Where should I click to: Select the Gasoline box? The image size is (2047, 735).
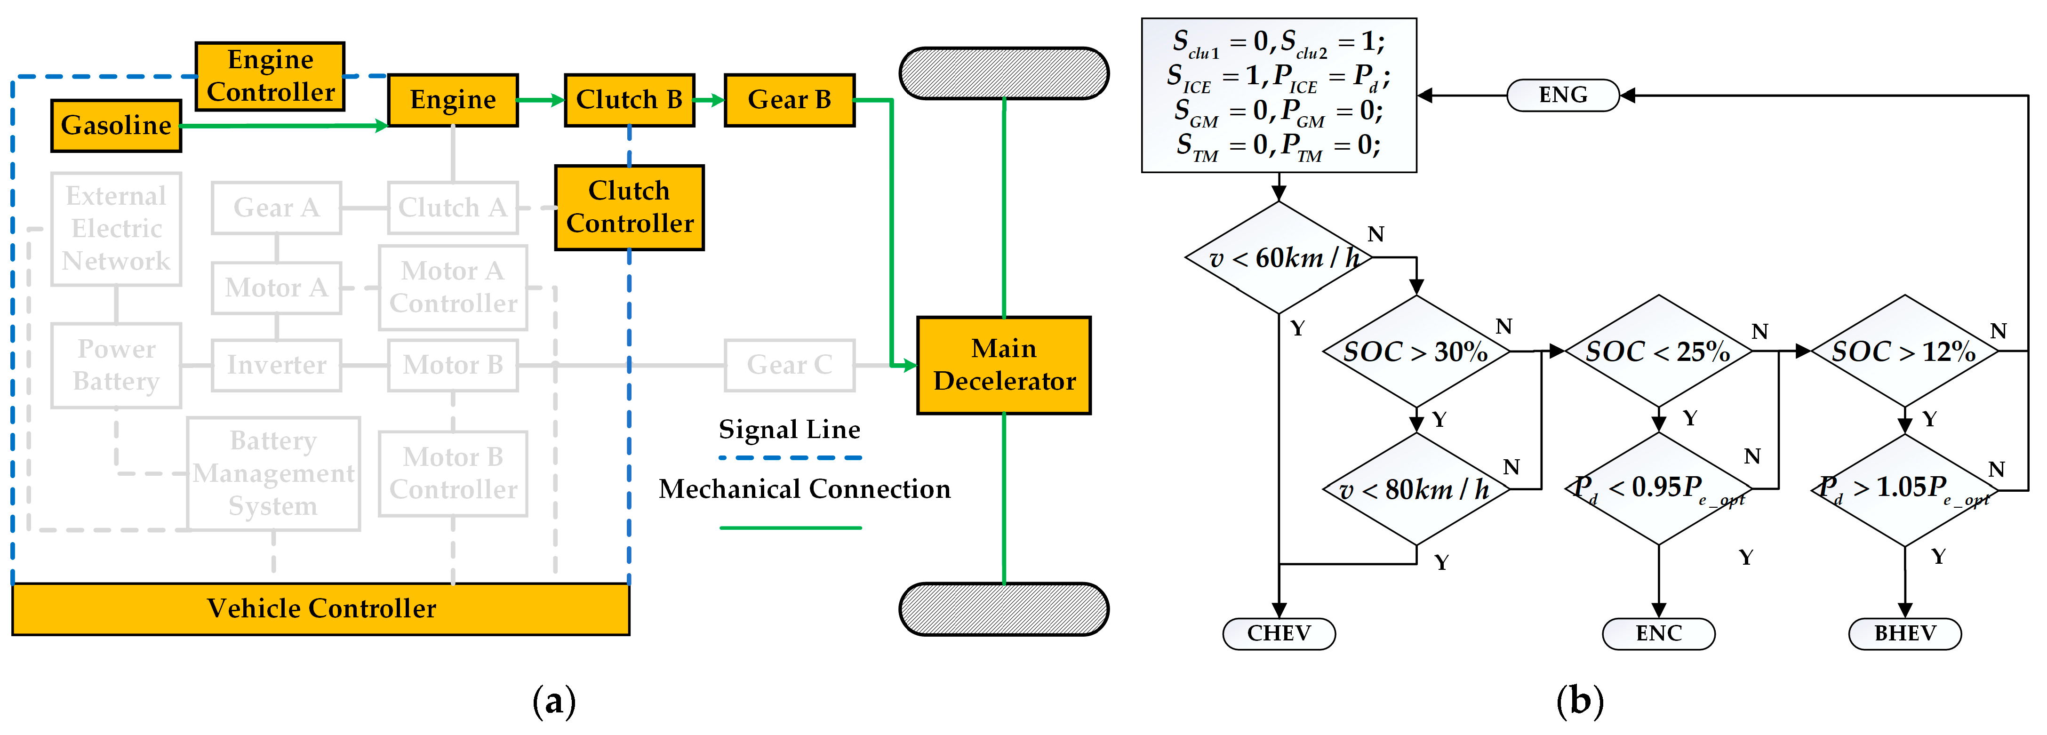116,126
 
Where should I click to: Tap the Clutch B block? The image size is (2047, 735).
629,100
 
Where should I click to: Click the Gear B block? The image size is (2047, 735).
789,100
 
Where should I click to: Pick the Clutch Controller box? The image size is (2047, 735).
629,208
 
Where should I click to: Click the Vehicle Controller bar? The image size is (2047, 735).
321,609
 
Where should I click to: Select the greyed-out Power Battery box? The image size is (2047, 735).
116,366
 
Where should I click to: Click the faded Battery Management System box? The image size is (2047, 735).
273,473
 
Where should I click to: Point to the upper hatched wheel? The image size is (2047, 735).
1004,73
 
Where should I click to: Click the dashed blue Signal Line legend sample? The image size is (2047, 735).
790,458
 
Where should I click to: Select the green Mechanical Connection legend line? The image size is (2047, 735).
790,527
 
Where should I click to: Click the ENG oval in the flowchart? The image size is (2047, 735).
1562,96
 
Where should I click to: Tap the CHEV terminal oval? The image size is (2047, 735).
1279,633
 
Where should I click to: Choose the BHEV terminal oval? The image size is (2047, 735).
1905,633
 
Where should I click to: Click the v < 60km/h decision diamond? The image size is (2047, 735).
1279,257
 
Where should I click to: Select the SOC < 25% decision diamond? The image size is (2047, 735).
1658,351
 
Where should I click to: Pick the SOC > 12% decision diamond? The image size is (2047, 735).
1905,351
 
